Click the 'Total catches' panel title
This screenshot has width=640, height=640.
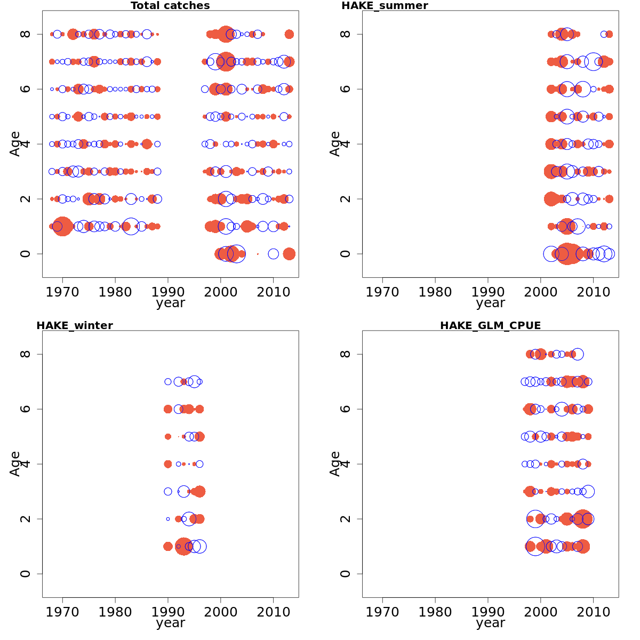[170, 6]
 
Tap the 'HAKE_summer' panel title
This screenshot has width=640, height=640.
[385, 6]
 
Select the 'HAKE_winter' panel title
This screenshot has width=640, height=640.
[74, 326]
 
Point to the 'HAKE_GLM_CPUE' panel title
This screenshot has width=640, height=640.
[490, 326]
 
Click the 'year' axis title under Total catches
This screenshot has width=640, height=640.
[170, 303]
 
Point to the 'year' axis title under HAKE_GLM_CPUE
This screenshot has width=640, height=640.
[490, 623]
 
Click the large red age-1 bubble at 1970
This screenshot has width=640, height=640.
[62, 226]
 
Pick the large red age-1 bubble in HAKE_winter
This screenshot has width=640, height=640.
[183, 547]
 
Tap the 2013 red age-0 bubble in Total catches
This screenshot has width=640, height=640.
[289, 254]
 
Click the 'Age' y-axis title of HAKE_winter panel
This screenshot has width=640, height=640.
[15, 463]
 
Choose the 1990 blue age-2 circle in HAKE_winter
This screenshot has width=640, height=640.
[168, 519]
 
